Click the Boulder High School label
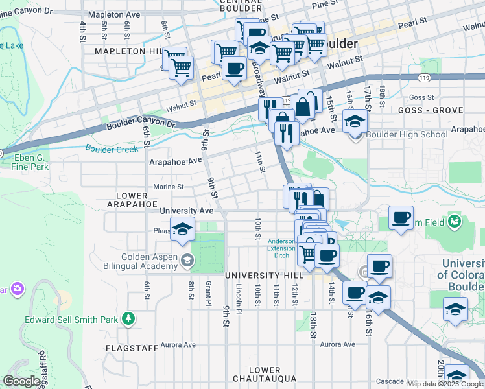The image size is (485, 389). click(x=407, y=134)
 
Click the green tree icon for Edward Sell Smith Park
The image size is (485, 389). click(x=129, y=318)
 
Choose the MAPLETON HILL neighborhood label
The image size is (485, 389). click(x=127, y=51)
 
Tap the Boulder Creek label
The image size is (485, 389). click(x=112, y=149)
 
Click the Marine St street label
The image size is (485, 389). click(x=168, y=187)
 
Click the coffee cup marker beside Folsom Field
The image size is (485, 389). click(x=401, y=217)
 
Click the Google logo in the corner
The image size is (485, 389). click(x=21, y=381)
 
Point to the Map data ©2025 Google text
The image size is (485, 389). click(x=445, y=384)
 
